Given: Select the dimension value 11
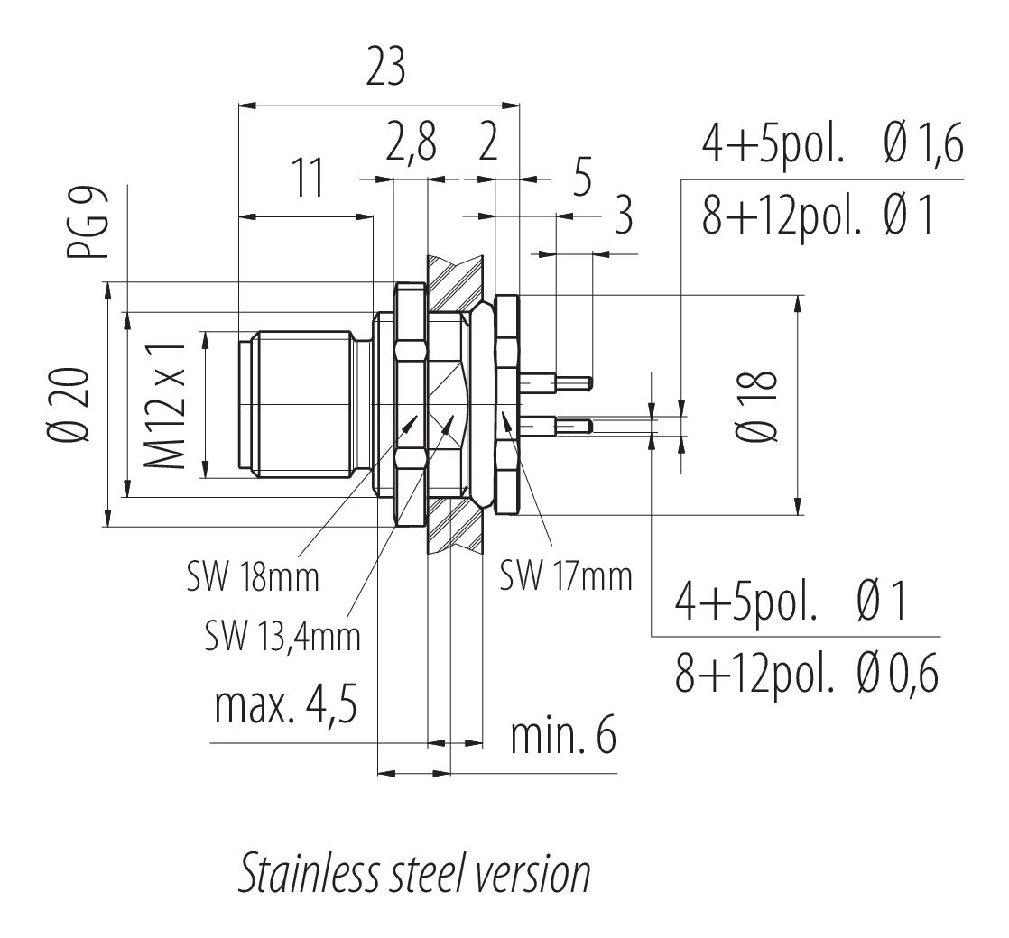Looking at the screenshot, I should pos(309,180).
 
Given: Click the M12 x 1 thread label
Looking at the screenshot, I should pos(166,404).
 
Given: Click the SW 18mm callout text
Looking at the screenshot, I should pos(254,577).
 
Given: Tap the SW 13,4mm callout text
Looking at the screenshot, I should pos(282,637).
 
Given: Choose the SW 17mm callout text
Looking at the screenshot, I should pos(566,575).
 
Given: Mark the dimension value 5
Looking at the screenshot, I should pos(581,178).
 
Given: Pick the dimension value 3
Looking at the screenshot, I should pos(622,218).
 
